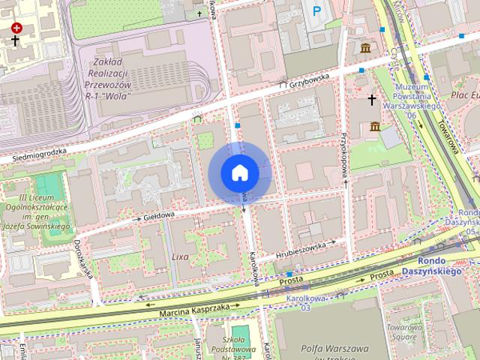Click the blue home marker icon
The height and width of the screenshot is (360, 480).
point(240,172)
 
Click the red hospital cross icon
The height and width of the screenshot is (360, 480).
point(16,28)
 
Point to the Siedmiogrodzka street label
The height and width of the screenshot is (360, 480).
point(40,155)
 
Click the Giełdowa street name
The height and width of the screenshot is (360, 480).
point(154,214)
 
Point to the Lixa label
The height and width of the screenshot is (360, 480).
point(181,256)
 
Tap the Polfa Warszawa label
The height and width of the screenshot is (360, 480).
point(334,349)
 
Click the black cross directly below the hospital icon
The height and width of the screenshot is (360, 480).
point(16,40)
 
